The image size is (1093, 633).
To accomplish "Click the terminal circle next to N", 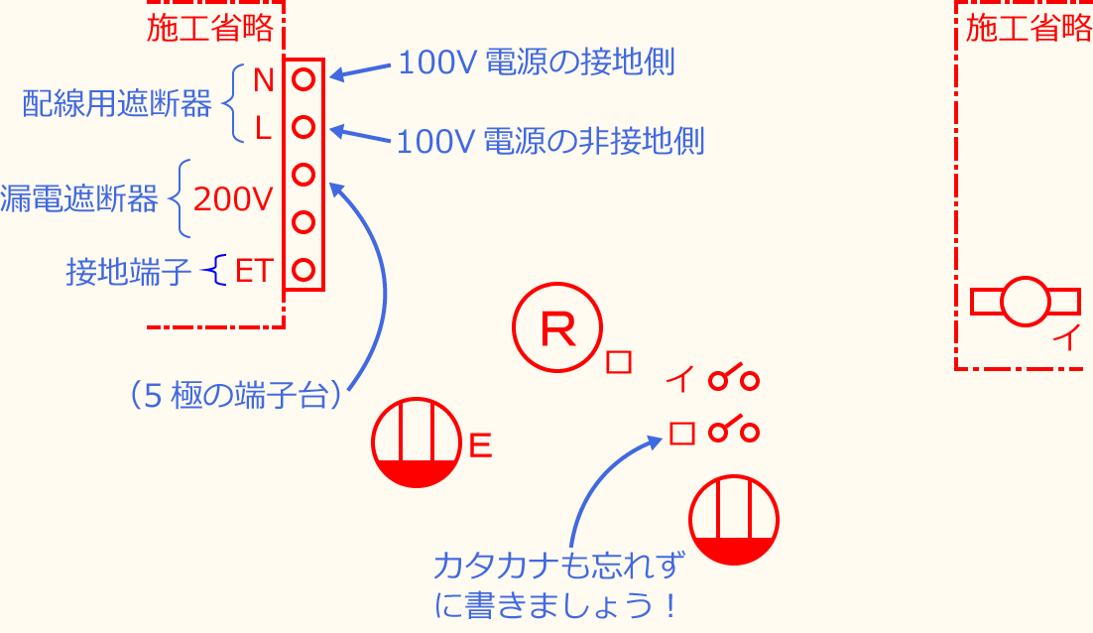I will click(x=304, y=76).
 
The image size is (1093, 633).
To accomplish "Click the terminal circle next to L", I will click(x=304, y=127).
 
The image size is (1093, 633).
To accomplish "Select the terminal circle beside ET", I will click(x=304, y=269).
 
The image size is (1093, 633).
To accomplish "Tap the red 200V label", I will click(x=232, y=199).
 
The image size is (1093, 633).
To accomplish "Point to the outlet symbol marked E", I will click(x=418, y=443).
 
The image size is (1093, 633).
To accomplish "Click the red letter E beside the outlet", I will click(x=480, y=446).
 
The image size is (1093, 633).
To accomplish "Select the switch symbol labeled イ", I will click(x=734, y=378).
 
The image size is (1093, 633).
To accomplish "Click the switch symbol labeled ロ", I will click(x=734, y=432).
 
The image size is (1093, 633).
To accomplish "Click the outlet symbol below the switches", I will click(x=734, y=521).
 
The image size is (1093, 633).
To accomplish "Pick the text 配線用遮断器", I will click(x=117, y=104).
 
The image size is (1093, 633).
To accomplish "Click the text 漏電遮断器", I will click(x=79, y=199).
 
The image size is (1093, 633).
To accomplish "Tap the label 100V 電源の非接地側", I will click(x=550, y=142).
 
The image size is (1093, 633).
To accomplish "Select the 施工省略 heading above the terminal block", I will click(x=209, y=29).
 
